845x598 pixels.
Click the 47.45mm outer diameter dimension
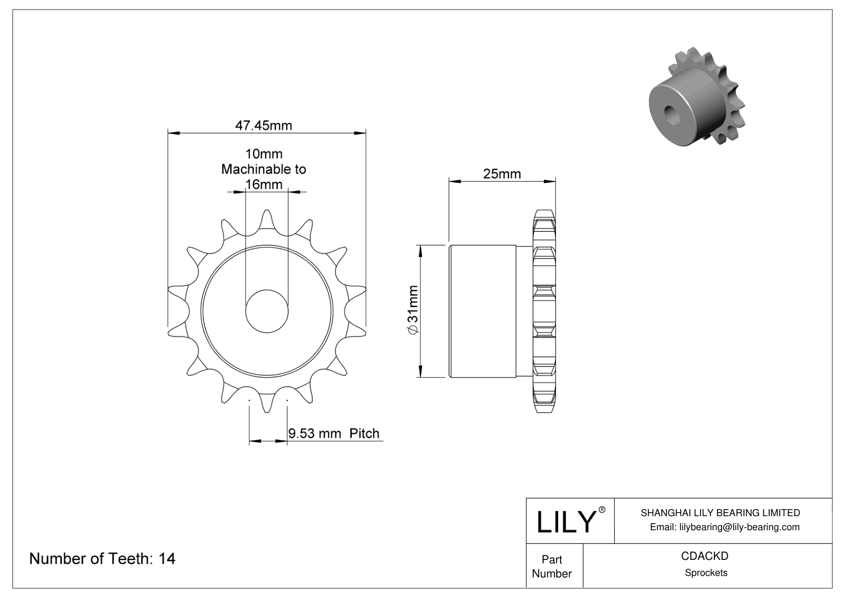(263, 126)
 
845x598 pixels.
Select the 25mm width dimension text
(502, 174)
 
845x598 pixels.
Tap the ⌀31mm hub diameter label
(412, 310)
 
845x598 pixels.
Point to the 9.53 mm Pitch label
(334, 433)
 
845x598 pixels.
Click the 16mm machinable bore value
(264, 185)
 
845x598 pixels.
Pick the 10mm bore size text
(263, 154)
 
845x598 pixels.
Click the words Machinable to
(263, 169)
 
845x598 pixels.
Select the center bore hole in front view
(267, 311)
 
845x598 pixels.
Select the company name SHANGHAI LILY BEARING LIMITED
(720, 513)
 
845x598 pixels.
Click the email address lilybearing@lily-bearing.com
(725, 527)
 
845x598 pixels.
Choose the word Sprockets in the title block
(706, 572)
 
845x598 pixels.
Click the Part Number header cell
(552, 566)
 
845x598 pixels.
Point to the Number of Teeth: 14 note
(102, 558)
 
